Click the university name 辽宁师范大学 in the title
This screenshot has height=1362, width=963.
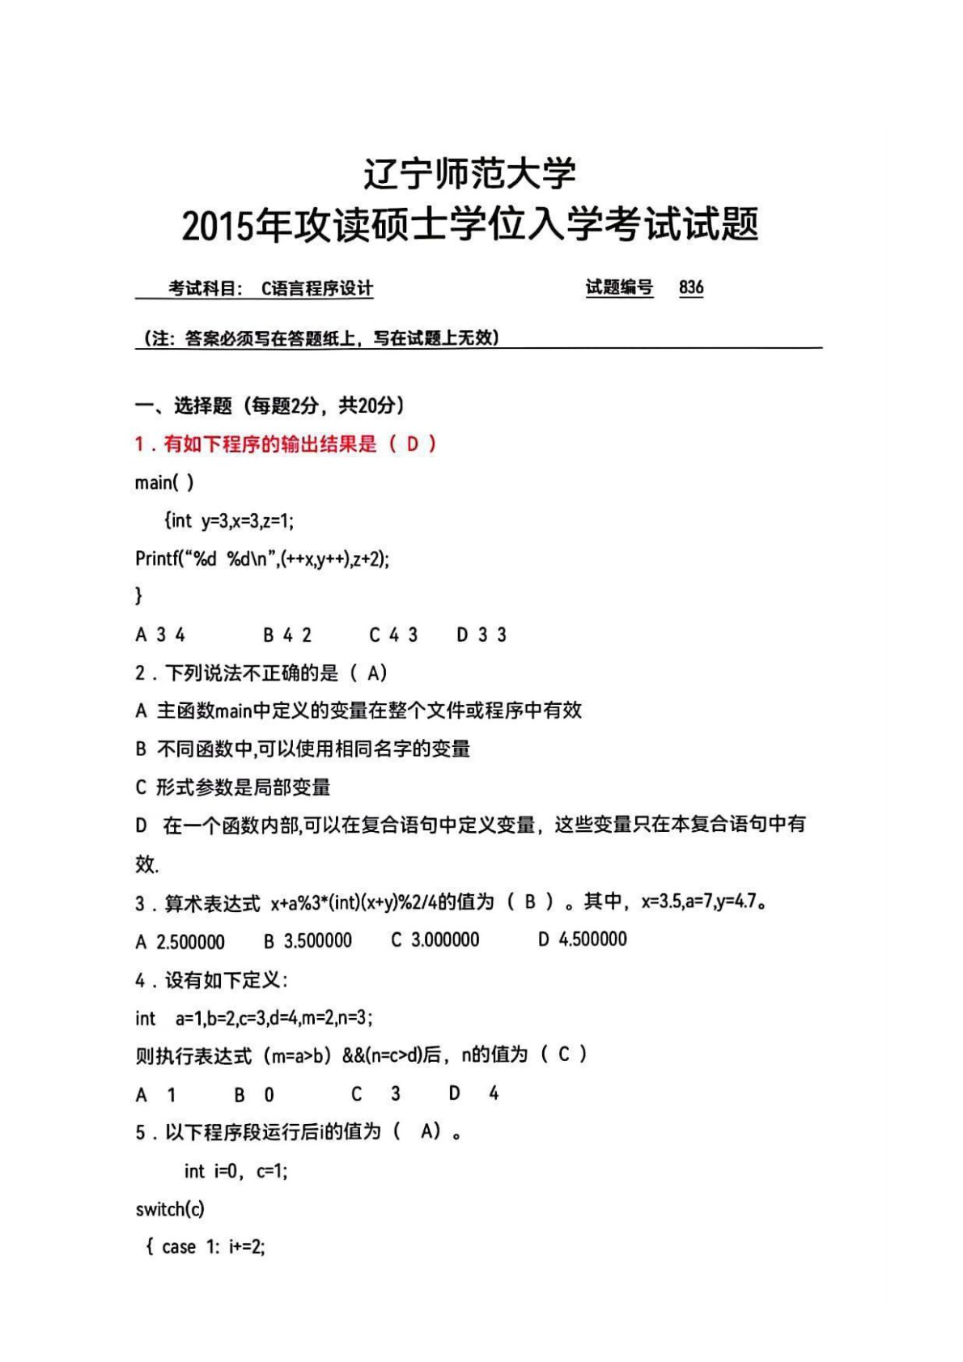coord(469,173)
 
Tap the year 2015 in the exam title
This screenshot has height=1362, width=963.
coord(218,226)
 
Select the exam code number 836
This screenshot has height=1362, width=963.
coord(691,287)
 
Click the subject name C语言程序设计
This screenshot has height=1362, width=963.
coord(317,289)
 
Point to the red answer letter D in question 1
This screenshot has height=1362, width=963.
coord(413,443)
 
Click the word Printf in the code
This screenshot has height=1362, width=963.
coord(155,558)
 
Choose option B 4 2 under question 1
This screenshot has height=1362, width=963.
coord(287,635)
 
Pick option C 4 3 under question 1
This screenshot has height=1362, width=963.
coord(394,635)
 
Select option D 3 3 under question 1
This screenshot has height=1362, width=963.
coord(481,635)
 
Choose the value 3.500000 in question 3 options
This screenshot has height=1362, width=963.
coord(317,940)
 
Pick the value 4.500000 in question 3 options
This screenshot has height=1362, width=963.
coord(592,939)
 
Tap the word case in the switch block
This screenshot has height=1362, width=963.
coord(178,1247)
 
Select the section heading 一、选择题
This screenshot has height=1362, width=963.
coord(184,405)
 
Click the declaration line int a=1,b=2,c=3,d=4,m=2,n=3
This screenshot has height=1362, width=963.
coord(253,1018)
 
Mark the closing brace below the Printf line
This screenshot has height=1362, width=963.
coord(138,596)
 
